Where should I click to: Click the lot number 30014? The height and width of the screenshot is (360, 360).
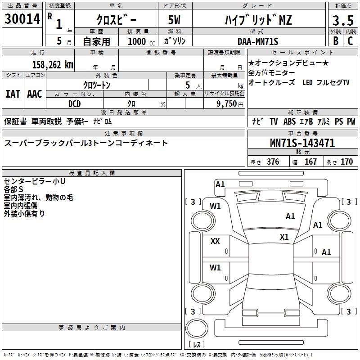[22, 19]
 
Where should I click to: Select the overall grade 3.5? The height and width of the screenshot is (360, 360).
[343, 20]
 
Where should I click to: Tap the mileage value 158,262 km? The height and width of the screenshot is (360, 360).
[53, 65]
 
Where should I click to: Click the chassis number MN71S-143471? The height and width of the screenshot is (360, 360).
[302, 143]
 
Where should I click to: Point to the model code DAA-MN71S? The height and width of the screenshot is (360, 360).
[258, 41]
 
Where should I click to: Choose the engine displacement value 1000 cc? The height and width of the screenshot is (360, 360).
[141, 41]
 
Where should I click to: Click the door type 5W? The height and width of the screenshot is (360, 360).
[174, 20]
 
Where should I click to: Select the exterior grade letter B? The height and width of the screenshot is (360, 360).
[336, 41]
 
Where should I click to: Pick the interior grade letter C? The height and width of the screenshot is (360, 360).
[350, 41]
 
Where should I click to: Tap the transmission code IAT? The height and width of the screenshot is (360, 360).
[13, 94]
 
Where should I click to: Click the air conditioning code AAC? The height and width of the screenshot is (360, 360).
[35, 94]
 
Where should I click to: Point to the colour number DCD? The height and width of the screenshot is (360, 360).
[74, 104]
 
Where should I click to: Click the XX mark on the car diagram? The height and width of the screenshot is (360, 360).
[215, 241]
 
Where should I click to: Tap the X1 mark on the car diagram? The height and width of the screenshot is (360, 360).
[284, 237]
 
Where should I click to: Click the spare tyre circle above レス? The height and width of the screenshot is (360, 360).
[197, 328]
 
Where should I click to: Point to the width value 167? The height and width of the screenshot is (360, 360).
[310, 162]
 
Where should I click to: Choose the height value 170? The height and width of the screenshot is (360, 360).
[346, 162]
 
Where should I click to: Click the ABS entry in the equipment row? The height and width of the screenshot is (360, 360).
[289, 121]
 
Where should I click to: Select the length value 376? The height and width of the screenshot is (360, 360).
[273, 162]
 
